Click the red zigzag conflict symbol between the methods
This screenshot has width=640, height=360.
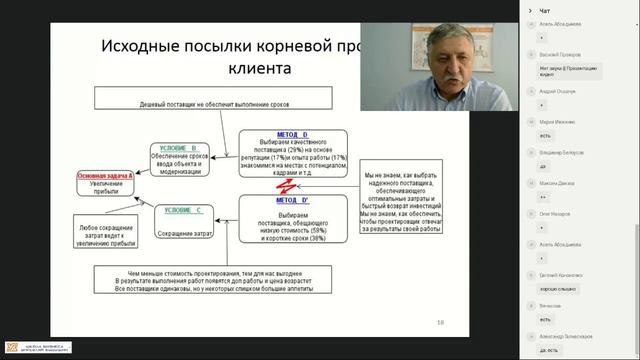pyautogui.click(x=283, y=187)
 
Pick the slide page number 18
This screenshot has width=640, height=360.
pyautogui.click(x=441, y=323)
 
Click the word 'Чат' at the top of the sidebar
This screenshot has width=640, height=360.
pyautogui.click(x=544, y=11)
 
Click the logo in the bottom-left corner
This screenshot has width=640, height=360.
pyautogui.click(x=36, y=347)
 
